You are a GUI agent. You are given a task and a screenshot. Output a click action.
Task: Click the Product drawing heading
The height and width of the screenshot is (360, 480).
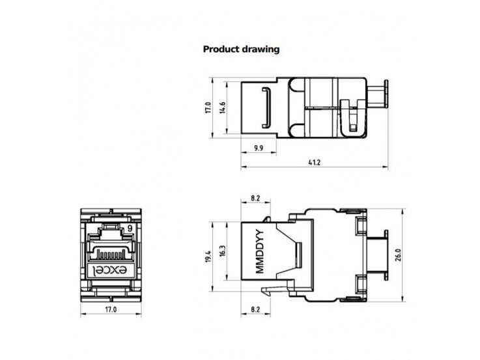click(x=241, y=49)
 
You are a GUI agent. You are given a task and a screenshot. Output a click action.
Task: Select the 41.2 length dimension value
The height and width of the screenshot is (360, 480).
click(x=315, y=162)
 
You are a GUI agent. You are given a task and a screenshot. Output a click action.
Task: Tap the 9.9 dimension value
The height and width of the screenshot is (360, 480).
click(x=259, y=148)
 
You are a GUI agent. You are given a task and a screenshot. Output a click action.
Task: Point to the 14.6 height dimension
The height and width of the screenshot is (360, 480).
click(x=223, y=107)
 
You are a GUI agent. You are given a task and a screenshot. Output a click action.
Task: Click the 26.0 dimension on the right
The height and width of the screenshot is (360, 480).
click(x=398, y=255)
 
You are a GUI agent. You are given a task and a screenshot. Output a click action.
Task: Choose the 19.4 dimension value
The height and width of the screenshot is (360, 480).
click(x=208, y=256)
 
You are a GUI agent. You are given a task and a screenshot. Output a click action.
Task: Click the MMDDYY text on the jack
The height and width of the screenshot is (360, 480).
click(x=259, y=251)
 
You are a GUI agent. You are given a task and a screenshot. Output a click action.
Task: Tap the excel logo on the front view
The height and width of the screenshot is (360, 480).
click(x=110, y=270)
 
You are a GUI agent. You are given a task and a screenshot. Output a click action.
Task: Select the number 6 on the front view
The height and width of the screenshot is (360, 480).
click(x=130, y=228)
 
